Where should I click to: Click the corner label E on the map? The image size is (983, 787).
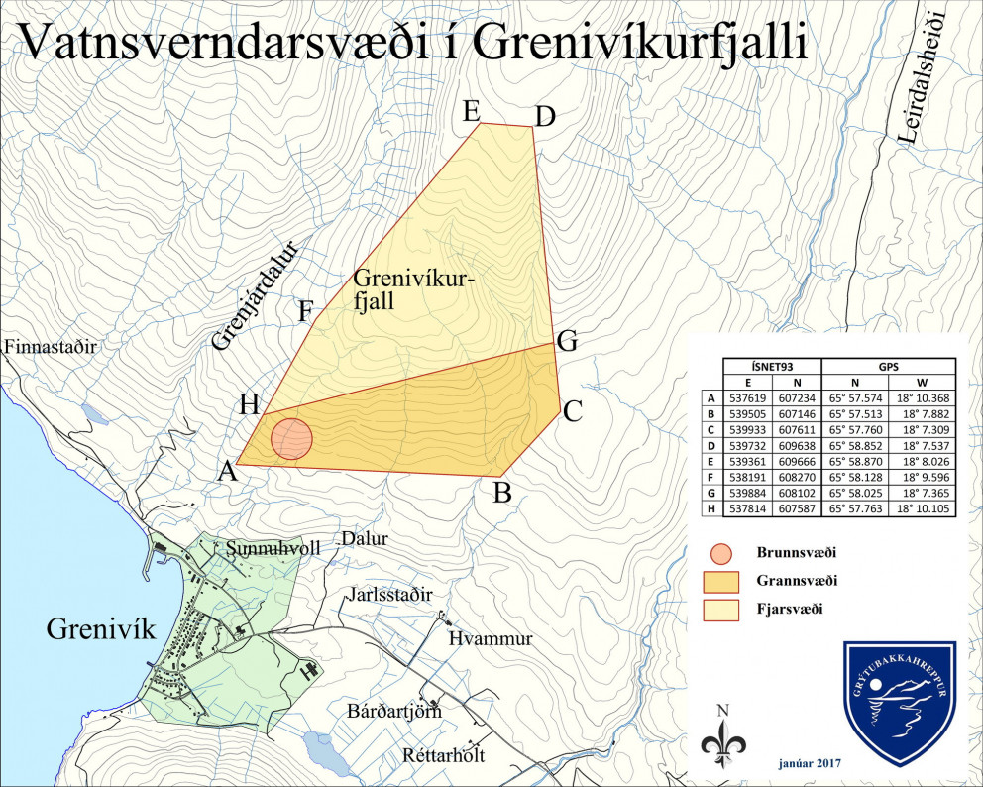[x=472, y=111]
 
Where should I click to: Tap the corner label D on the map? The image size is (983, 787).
[x=544, y=117]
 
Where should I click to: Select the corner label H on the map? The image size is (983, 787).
[x=249, y=404]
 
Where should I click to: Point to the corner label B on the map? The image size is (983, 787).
[x=502, y=491]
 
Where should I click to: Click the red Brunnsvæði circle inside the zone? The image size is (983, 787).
[x=291, y=439]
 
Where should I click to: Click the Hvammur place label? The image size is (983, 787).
[x=490, y=638]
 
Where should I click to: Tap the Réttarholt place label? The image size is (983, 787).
[x=445, y=754]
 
